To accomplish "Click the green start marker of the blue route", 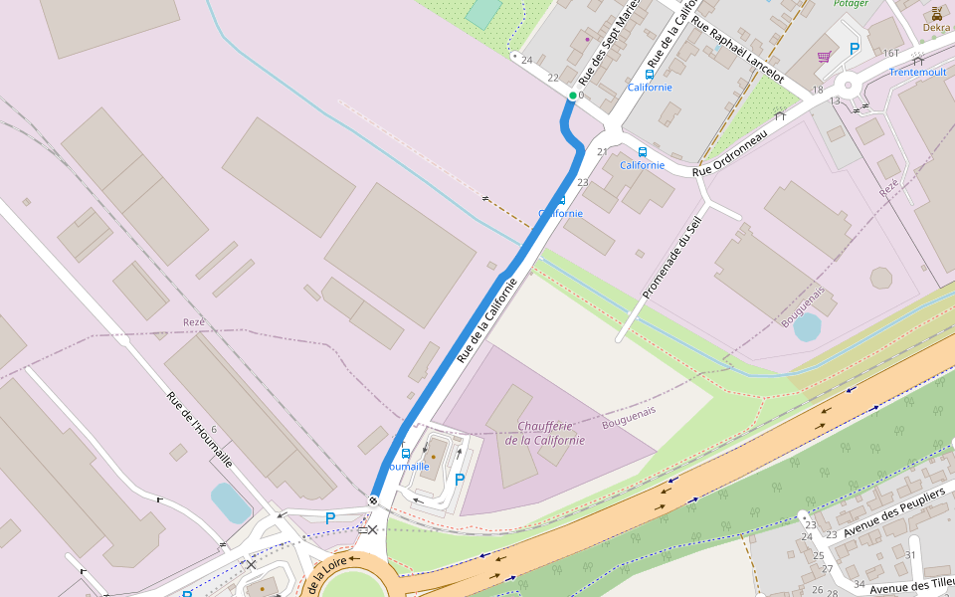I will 572,96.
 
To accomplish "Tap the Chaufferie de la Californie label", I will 544,433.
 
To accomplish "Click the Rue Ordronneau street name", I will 730,153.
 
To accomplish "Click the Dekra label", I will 936,28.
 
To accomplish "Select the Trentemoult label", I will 917,73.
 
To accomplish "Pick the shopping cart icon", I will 824,57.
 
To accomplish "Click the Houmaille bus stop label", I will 406,466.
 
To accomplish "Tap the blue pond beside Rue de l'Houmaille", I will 231,502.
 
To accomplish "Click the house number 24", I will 526,61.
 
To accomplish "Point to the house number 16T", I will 890,53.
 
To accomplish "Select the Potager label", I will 850,4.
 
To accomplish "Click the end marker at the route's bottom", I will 373,500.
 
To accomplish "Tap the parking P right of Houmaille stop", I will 459,480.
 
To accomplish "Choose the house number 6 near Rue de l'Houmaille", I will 213,430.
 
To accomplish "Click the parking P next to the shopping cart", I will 854,48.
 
